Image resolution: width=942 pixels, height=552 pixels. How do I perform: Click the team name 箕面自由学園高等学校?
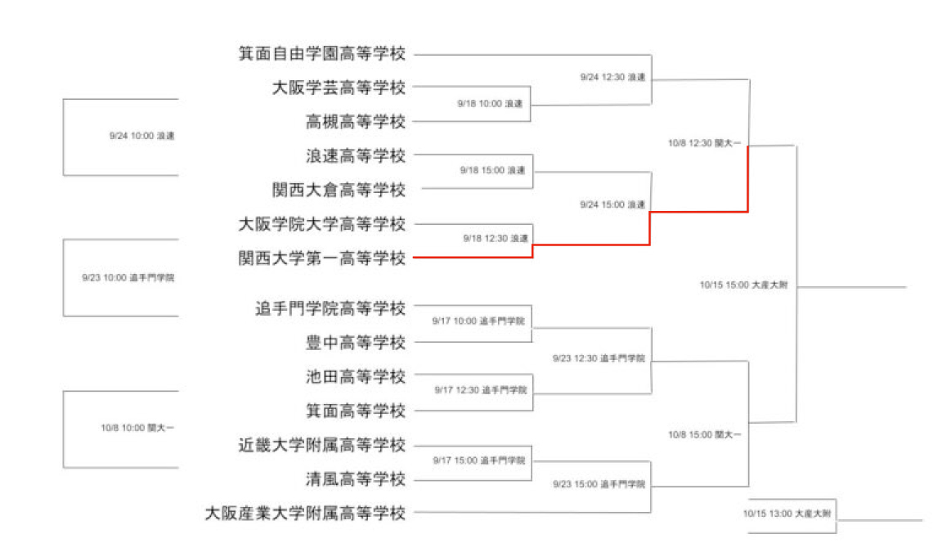[x=322, y=54]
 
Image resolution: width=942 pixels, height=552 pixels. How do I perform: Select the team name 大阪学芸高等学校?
[x=339, y=88]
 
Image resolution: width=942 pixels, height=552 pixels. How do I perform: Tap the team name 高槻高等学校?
[x=356, y=122]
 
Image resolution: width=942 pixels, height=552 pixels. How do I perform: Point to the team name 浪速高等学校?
[x=356, y=155]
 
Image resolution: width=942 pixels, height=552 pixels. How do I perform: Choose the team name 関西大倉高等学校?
[x=339, y=190]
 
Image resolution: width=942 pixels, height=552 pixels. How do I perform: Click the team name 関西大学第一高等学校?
[x=322, y=258]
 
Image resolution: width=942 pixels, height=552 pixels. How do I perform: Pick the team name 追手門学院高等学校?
[x=330, y=309]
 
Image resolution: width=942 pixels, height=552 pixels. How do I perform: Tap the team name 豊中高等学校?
[x=356, y=343]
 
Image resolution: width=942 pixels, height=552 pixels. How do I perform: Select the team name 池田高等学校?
[x=356, y=377]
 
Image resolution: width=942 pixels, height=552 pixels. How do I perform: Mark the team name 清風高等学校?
[x=356, y=479]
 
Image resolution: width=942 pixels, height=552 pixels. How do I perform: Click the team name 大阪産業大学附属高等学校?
[x=305, y=514]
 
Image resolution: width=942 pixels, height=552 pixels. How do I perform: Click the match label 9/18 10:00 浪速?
[x=489, y=104]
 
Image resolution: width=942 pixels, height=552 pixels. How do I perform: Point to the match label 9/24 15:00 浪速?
[x=612, y=204]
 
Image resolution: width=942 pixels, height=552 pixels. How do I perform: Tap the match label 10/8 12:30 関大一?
[x=705, y=143]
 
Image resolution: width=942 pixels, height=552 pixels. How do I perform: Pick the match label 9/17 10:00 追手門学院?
[x=480, y=321]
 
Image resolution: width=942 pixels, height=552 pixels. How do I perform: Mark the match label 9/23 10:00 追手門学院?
[x=128, y=277]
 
